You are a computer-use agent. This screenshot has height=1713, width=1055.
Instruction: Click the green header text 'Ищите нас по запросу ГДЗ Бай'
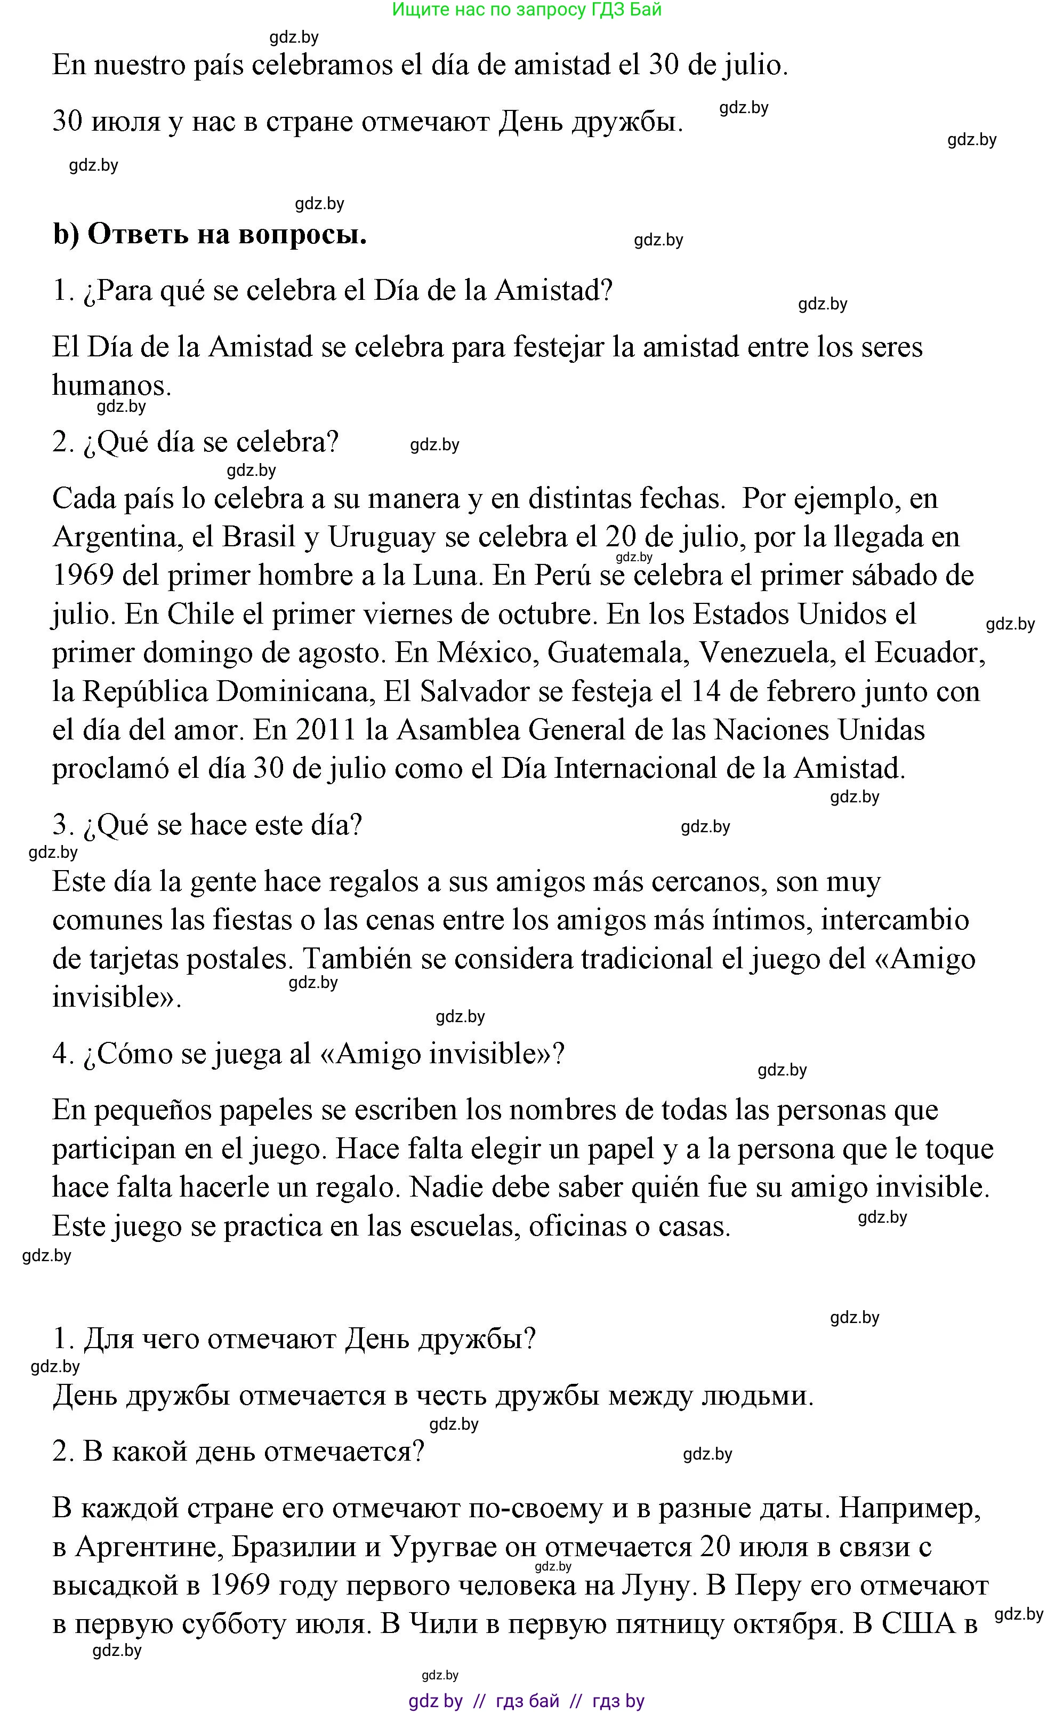[527, 10]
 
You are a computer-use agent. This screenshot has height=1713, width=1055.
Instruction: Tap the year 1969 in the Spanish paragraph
[83, 575]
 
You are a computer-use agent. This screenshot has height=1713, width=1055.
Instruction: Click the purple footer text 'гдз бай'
[528, 1700]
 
